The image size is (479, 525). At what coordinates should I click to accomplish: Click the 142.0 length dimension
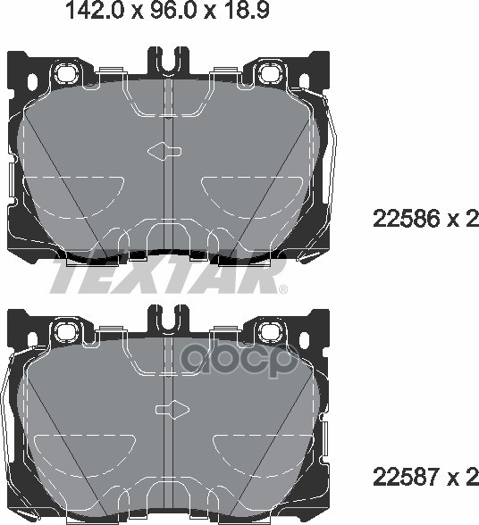[x=95, y=10]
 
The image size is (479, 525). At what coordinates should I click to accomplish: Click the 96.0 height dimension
[x=173, y=10]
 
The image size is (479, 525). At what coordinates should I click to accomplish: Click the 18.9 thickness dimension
[x=246, y=10]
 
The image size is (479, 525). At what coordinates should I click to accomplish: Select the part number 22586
[x=406, y=219]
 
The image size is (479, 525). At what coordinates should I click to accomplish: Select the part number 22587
[x=406, y=477]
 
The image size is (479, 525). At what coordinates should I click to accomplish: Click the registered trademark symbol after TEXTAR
[x=283, y=289]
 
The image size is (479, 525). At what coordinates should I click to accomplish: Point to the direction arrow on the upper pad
[x=164, y=151]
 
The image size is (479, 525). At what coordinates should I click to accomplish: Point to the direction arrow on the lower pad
[x=173, y=409]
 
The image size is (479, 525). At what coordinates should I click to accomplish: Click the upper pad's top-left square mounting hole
[x=66, y=73]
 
